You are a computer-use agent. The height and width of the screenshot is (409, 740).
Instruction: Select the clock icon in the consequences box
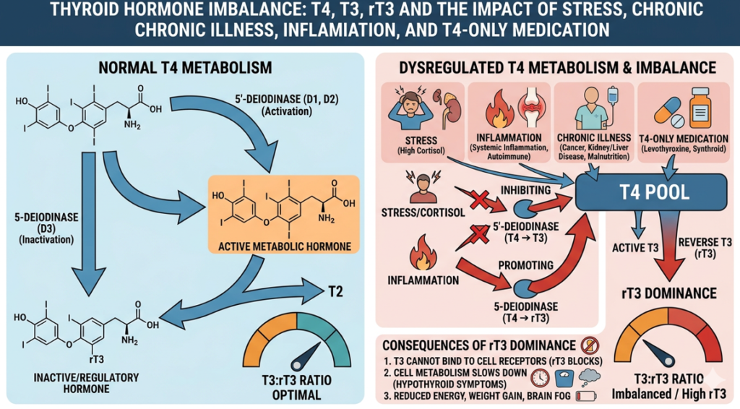(x=538, y=377)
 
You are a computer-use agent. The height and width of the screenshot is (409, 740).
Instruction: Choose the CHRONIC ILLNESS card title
(x=593, y=138)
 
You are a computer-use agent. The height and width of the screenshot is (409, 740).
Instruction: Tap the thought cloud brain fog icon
(x=588, y=376)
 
